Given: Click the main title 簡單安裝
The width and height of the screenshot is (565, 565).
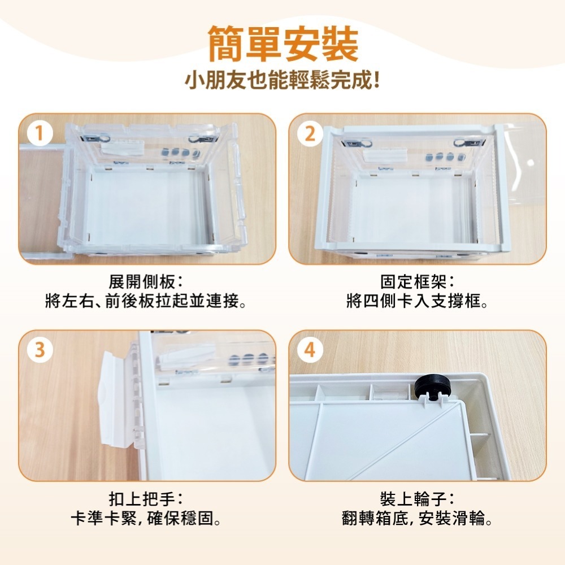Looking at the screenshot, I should click(282, 44).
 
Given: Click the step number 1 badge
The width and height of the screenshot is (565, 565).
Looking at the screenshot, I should click(38, 134).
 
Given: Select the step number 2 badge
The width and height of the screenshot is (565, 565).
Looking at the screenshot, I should click(309, 134).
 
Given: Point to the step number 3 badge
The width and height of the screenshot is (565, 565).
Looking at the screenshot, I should click(38, 350).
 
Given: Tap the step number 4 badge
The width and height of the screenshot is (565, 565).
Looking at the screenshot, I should click(309, 350).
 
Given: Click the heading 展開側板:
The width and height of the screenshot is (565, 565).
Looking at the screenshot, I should click(146, 281).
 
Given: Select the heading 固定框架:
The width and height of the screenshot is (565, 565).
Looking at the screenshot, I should click(418, 281).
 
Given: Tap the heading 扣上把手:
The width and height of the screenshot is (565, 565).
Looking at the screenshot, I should click(146, 499).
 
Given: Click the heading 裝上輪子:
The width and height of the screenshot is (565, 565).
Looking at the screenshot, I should click(418, 499).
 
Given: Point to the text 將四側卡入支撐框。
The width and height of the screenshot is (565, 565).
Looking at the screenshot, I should click(418, 301).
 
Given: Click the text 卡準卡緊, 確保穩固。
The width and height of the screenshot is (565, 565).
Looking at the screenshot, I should click(146, 518).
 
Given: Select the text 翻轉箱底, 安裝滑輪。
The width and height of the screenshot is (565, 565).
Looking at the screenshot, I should click(418, 518).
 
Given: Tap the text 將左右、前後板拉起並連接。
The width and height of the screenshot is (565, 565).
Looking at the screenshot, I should click(146, 301).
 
